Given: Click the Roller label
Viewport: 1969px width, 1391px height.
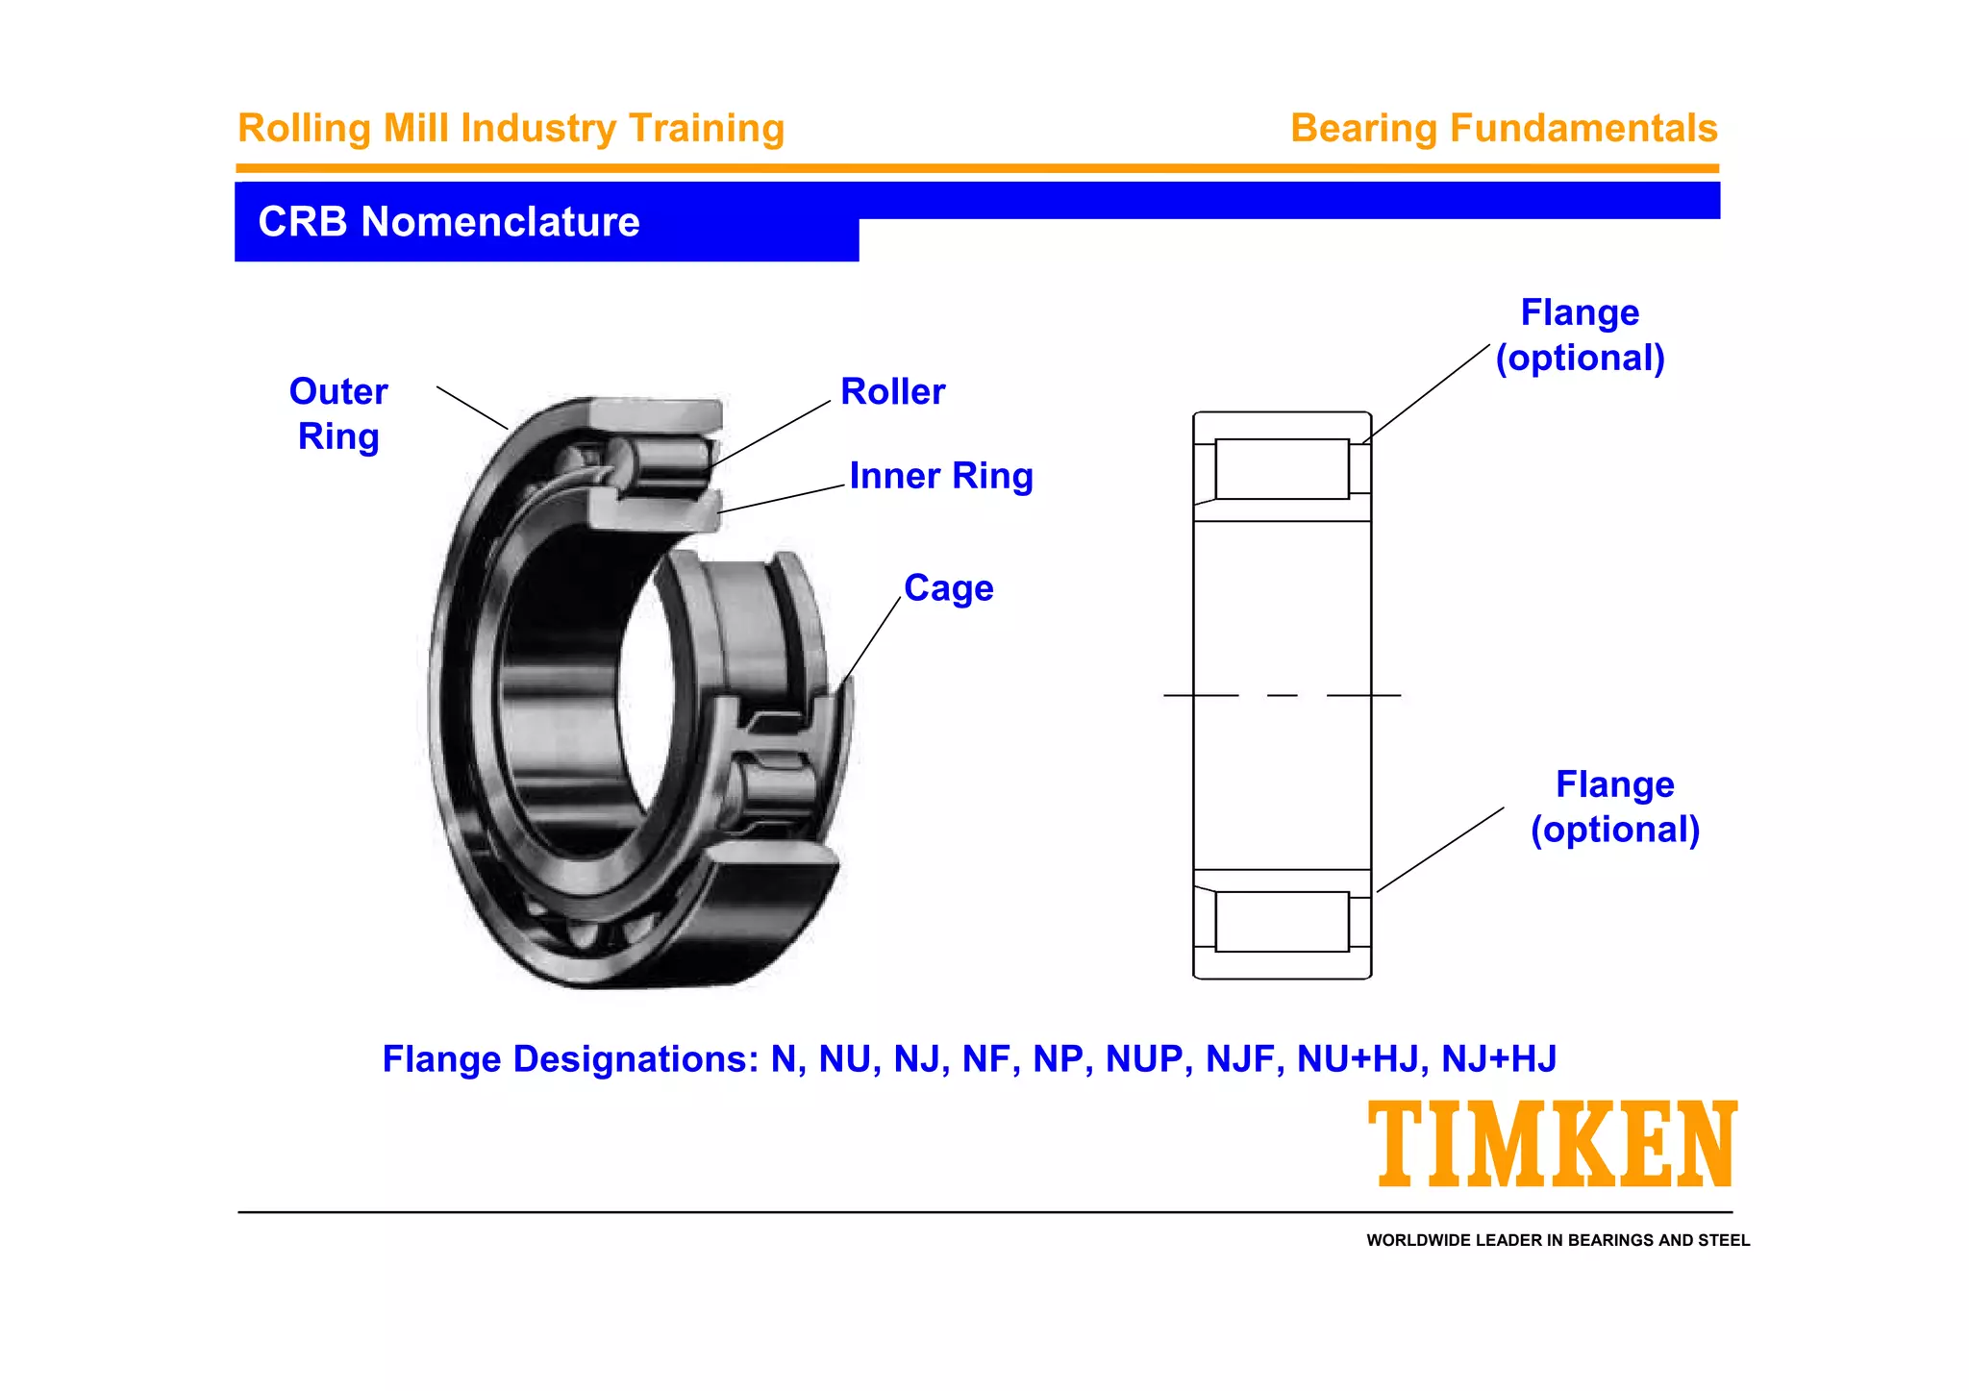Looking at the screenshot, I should [x=892, y=392].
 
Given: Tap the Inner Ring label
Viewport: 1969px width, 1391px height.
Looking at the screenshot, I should [x=940, y=476].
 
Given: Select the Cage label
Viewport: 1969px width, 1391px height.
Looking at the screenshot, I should [x=948, y=588].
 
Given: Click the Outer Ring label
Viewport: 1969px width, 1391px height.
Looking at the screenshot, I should [x=338, y=414].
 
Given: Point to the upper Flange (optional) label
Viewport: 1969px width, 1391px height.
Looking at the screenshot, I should [x=1580, y=335].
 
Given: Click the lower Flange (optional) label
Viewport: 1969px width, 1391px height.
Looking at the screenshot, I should [x=1614, y=807].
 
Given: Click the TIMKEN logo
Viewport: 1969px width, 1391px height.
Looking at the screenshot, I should [x=1552, y=1144].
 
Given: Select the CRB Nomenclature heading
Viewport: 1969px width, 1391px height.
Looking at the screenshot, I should [x=449, y=222].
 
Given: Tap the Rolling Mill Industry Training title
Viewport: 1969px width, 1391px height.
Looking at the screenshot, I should [x=511, y=129].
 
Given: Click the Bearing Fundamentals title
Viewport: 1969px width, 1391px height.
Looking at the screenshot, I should [x=1503, y=129].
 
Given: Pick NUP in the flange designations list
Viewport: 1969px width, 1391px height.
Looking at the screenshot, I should [x=1143, y=1059].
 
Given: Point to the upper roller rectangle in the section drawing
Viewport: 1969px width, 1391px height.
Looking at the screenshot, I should [x=1281, y=469].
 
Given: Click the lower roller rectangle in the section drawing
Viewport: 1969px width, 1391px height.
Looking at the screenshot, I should [x=1281, y=922].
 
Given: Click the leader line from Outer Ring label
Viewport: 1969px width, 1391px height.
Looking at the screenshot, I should [x=472, y=408].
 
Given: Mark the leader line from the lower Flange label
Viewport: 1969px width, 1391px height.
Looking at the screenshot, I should [x=1439, y=850].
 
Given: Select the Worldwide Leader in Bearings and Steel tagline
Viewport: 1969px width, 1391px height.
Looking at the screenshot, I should [x=1558, y=1240].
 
